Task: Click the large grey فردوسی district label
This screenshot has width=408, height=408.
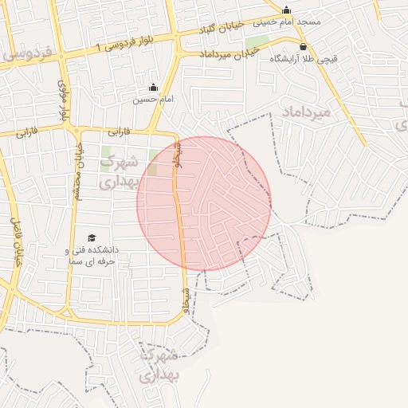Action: (x=28, y=54)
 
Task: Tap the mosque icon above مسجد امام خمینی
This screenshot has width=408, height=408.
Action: (x=287, y=10)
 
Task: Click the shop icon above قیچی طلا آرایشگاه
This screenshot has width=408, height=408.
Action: (x=303, y=47)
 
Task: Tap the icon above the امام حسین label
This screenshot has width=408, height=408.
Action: (x=153, y=88)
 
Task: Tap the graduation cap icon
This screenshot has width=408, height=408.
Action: (x=92, y=238)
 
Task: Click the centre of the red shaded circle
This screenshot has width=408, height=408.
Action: (x=204, y=203)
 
